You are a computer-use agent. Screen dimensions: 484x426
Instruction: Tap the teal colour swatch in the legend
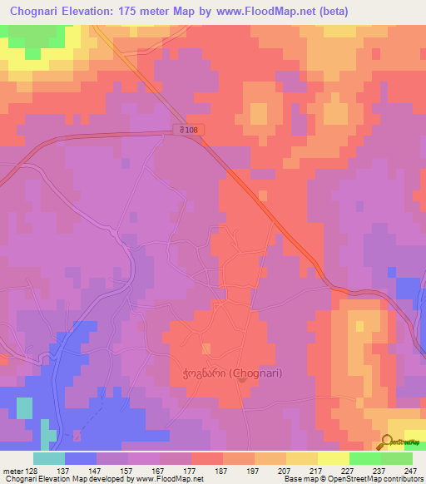[49, 458]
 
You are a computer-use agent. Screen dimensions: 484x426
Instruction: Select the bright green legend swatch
[365, 458]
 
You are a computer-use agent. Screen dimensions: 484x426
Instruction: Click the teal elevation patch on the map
[24, 407]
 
